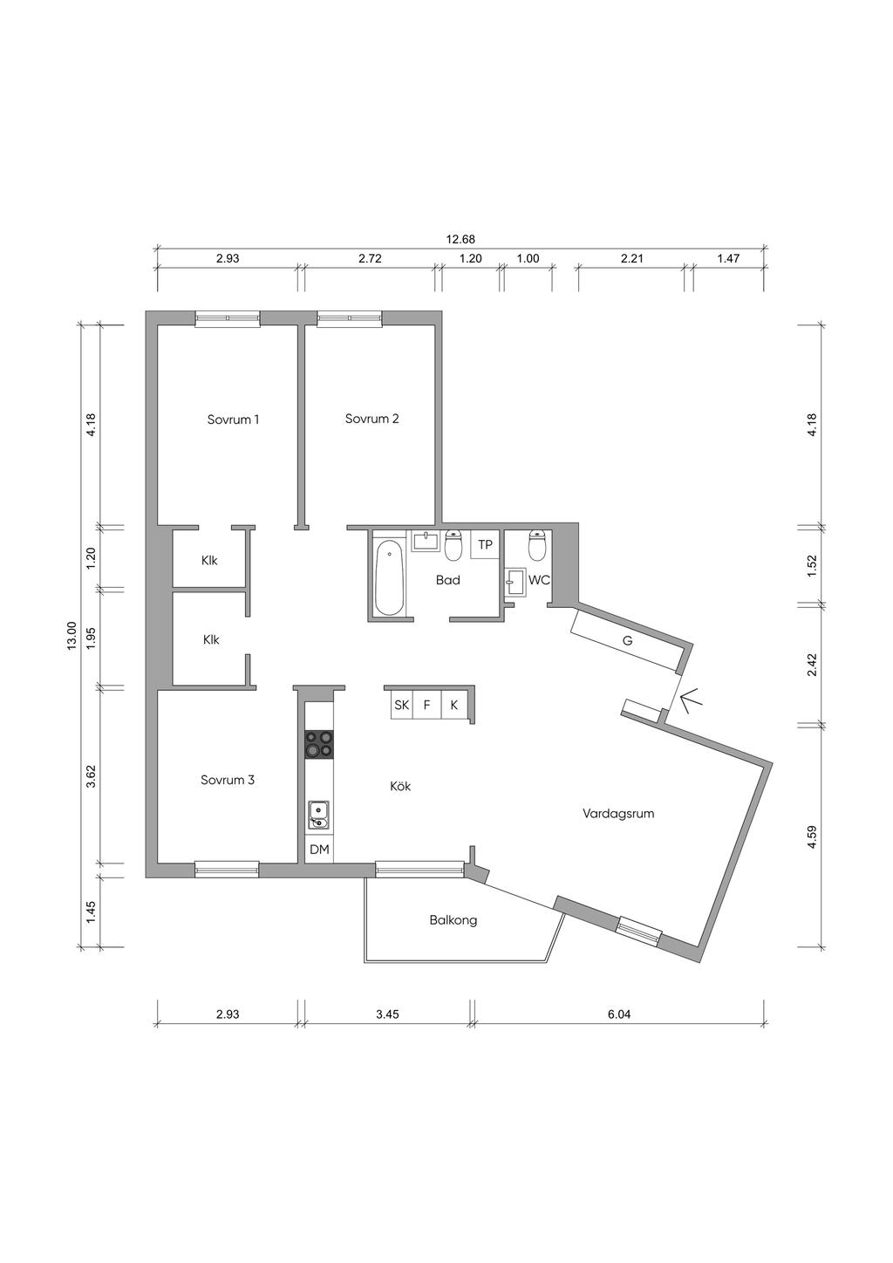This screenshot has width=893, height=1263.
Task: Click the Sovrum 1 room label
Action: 233,420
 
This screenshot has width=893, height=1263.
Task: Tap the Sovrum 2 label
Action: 372,419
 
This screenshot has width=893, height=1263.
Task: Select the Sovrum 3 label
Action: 228,780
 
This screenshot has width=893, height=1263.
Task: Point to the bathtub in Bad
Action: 389,578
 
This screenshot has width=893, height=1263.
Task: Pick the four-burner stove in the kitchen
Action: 319,745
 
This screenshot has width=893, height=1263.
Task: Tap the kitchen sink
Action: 318,816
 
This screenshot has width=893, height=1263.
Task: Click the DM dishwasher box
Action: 319,849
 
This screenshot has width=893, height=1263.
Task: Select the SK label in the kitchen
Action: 401,706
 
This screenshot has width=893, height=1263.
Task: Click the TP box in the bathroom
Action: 485,544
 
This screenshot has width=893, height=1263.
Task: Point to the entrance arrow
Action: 692,701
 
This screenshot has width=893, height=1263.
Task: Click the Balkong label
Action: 453,920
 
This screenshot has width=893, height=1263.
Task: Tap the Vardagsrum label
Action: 618,814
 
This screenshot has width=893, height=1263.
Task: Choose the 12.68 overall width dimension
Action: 460,240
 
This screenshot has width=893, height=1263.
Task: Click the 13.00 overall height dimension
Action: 72,636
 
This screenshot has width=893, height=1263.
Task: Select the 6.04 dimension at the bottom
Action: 619,1014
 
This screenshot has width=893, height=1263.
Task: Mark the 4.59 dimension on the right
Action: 812,836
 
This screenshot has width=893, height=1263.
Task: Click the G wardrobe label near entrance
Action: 627,641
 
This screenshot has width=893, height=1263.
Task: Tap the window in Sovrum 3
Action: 228,869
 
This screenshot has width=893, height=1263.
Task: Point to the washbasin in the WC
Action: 515,581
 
